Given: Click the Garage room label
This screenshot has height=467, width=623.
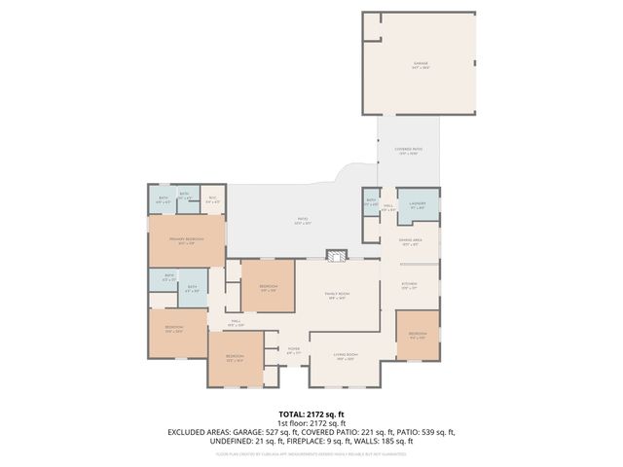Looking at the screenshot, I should [x=420, y=64].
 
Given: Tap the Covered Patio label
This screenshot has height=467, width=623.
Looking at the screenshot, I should [x=406, y=151].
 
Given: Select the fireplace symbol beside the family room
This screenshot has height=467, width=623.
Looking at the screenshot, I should [x=336, y=255].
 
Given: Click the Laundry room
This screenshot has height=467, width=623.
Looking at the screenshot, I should [x=418, y=205].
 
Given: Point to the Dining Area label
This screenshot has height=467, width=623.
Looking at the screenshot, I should [x=410, y=242].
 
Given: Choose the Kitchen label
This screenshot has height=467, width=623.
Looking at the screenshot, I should [x=410, y=286].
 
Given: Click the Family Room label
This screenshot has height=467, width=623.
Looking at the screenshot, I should [x=338, y=298].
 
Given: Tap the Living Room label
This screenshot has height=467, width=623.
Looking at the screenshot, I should [x=346, y=356].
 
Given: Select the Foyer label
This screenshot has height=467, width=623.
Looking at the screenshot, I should [x=293, y=350].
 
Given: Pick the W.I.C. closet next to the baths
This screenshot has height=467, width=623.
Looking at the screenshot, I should [x=213, y=199].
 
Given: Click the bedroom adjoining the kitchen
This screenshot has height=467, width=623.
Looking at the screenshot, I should [x=418, y=335].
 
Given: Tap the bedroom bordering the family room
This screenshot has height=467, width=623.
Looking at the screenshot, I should [x=268, y=287].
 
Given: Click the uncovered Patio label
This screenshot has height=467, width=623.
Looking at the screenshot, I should [x=304, y=222].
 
